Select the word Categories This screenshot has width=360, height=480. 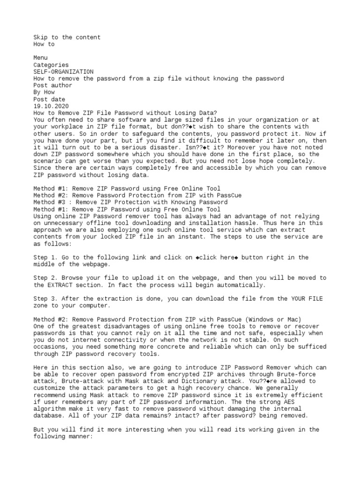click(x=51, y=65)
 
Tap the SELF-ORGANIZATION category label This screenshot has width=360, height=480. click(x=63, y=72)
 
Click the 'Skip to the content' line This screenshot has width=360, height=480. click(x=67, y=37)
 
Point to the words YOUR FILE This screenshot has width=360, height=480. click(x=307, y=299)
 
